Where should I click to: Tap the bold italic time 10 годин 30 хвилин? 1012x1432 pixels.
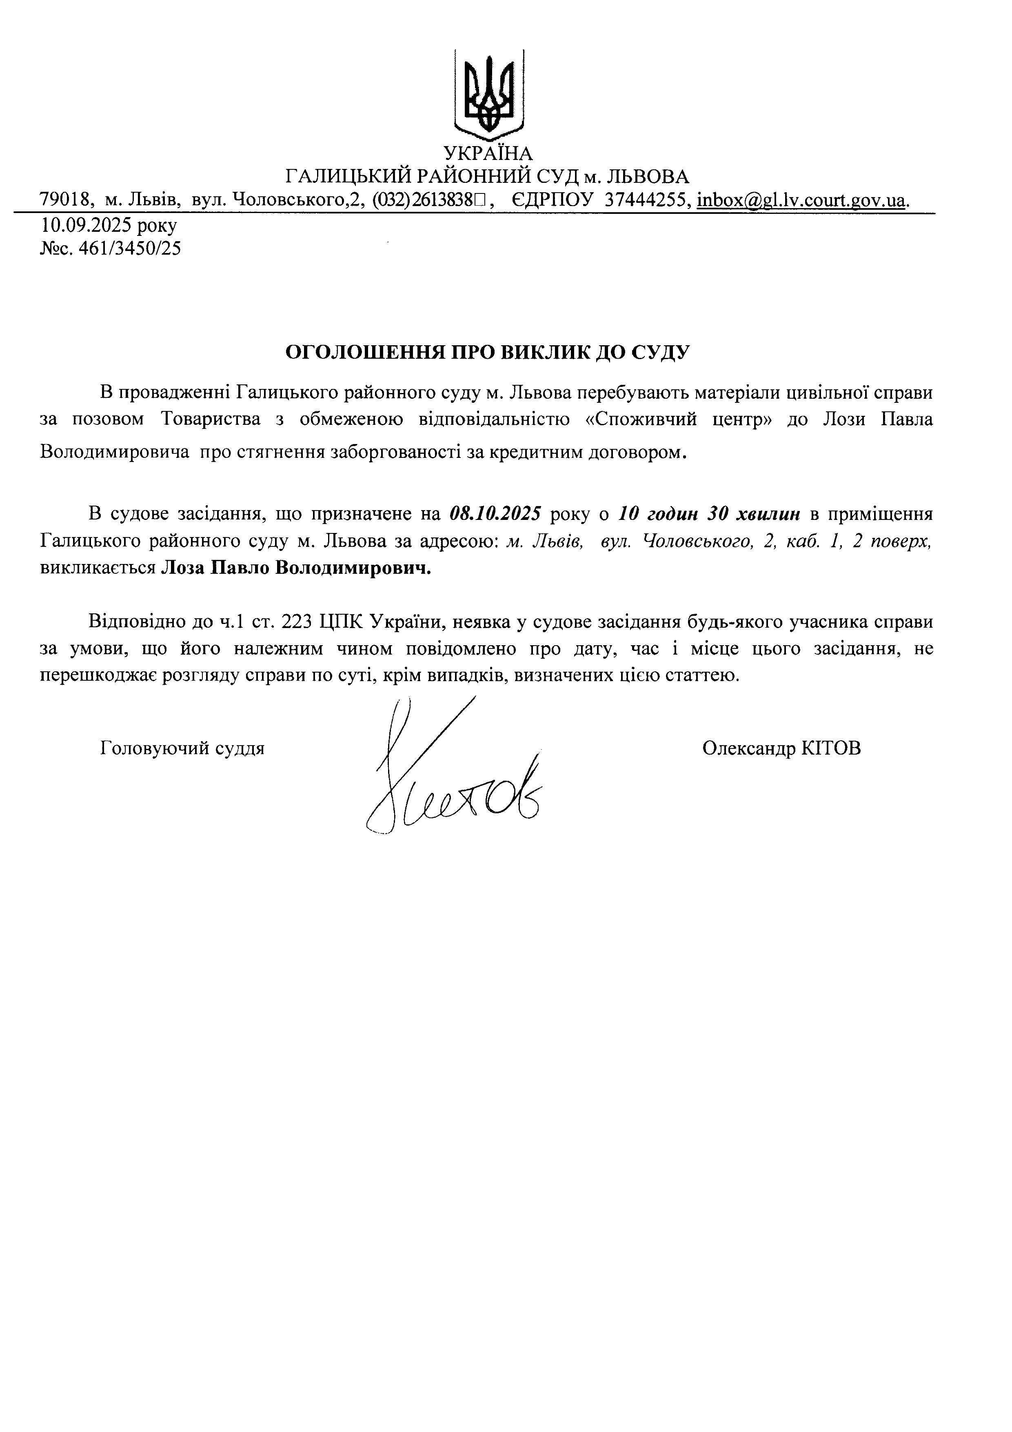pyautogui.click(x=710, y=514)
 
